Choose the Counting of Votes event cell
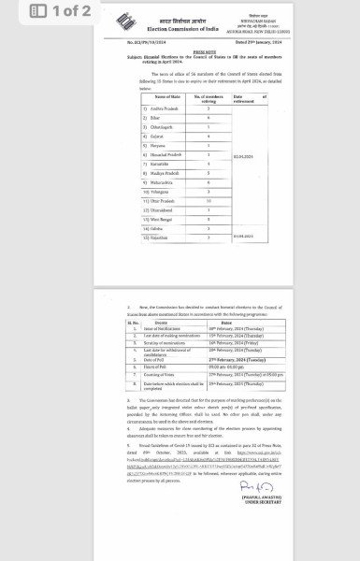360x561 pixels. (160, 374)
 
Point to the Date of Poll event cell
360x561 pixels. (152, 358)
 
